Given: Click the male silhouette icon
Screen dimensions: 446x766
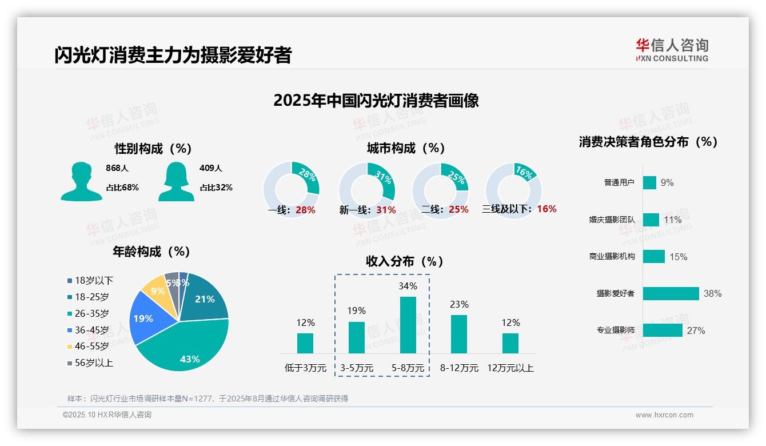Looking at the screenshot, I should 81,181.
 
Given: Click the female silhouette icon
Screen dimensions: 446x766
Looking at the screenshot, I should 175,181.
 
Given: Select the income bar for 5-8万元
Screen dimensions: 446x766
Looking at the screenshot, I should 408,325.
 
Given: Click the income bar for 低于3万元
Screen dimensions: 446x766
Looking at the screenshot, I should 305,343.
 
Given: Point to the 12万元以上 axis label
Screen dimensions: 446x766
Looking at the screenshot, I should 510,368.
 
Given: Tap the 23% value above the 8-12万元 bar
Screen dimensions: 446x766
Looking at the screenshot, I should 459,304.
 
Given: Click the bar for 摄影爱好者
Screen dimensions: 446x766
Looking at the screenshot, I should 671,293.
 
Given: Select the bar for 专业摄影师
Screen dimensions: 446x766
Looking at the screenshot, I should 663,330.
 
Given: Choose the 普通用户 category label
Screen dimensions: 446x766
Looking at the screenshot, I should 619,182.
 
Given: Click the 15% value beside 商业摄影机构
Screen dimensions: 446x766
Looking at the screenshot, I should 678,257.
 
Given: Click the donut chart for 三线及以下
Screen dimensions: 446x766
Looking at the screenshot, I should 513,190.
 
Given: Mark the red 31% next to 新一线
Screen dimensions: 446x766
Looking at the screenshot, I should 386,210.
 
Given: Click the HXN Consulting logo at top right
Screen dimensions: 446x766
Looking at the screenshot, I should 672,50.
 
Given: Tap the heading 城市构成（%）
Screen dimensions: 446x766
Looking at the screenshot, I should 406,148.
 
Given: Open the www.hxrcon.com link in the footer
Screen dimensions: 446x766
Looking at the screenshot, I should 664,415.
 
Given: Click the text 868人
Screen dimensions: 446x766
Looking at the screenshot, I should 117,168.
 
